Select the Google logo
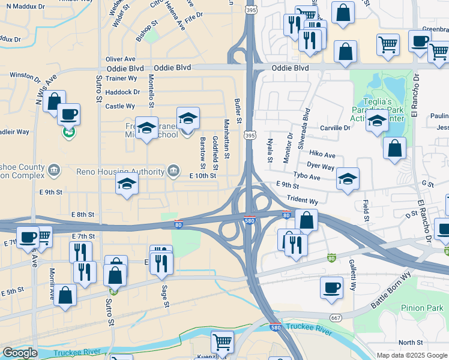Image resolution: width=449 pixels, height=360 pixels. [20, 353]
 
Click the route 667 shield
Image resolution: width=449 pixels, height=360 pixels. [336, 316]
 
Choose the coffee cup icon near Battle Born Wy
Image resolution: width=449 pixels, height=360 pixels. [331, 288]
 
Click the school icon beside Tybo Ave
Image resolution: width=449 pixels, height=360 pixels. [348, 179]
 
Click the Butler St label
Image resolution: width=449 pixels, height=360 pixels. [238, 111]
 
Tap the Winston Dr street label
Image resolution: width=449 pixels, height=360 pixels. [25, 77]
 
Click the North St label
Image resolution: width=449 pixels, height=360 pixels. [411, 343]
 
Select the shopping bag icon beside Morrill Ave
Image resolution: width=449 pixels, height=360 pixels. [65, 295]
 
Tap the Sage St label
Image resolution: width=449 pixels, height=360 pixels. [165, 295]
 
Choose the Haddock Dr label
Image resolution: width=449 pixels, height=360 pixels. [122, 92]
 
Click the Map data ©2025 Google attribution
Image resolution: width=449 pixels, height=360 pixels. [412, 355]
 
